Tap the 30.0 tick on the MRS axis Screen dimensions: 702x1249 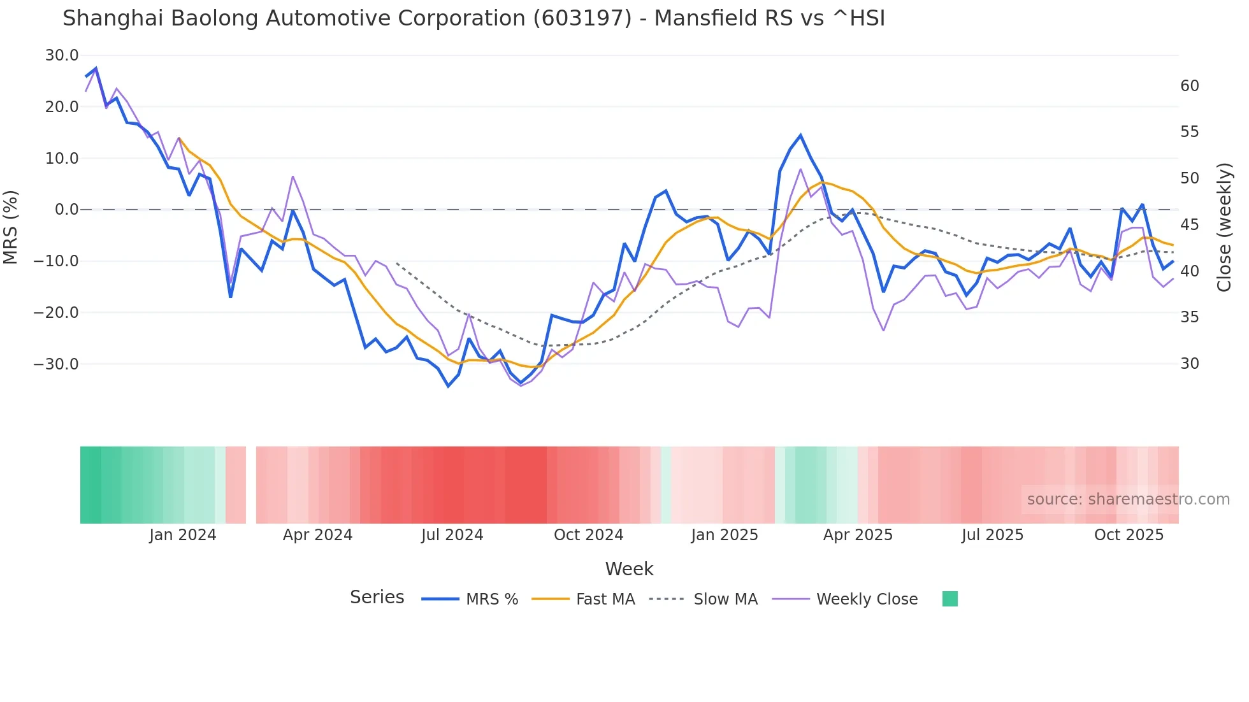tap(62, 55)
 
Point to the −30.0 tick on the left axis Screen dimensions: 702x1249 tap(56, 364)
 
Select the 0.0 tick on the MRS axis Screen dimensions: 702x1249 tap(66, 210)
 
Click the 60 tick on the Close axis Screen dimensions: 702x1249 tap(1190, 86)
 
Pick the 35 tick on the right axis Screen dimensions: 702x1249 tap(1190, 317)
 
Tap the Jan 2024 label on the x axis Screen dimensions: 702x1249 tap(183, 535)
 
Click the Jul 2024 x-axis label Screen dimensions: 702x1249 tap(452, 535)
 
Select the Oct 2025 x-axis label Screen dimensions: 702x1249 tap(1129, 535)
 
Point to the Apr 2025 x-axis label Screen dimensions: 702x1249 tap(858, 535)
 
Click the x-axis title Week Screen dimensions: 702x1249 tap(629, 569)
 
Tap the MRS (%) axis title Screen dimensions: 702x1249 tap(11, 227)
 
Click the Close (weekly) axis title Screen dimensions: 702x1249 tap(1224, 227)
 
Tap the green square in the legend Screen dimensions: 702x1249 tap(949, 599)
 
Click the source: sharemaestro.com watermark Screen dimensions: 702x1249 tap(1128, 499)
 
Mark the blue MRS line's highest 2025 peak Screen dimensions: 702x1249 tap(800, 135)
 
